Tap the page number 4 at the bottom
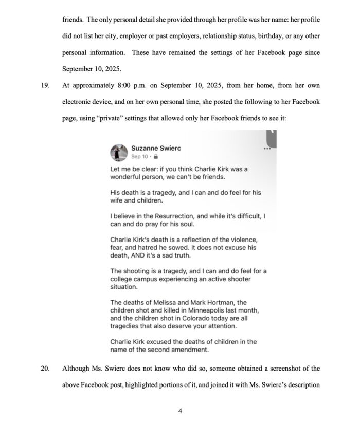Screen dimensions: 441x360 click(179, 410)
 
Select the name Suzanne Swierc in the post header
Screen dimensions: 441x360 click(156, 148)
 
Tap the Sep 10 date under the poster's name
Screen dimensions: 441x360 click(140, 156)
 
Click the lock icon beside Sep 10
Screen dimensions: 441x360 click(156, 156)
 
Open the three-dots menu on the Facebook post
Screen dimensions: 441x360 click(266, 149)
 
